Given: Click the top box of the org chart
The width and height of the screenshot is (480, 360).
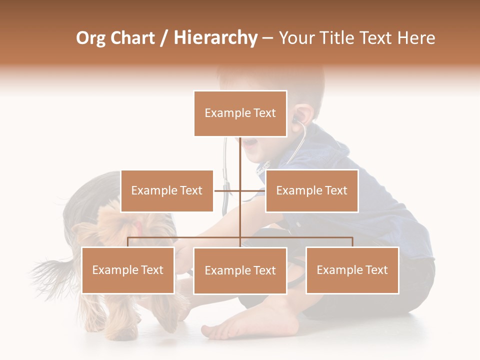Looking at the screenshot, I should click(240, 113).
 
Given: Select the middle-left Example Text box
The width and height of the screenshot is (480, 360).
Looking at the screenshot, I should click(167, 190).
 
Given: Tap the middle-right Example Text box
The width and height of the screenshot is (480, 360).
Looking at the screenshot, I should click(311, 190).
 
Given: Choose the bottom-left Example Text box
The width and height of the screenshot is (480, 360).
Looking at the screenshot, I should click(128, 270).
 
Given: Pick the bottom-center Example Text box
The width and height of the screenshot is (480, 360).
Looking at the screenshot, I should click(240, 270).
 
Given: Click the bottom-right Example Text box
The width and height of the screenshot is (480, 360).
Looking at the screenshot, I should click(352, 270).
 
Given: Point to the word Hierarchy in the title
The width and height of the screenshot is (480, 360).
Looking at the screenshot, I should click(215, 38).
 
